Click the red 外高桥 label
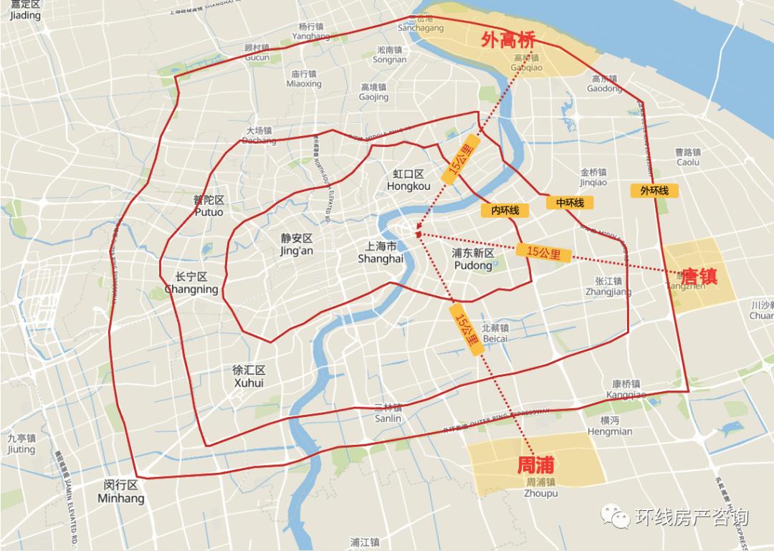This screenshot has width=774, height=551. (x=509, y=40)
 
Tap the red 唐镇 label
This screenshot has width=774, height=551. (x=699, y=277)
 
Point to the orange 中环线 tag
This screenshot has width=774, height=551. (x=570, y=203)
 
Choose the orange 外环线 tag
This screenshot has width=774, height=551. (x=654, y=191)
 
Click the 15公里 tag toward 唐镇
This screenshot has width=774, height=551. (x=543, y=252)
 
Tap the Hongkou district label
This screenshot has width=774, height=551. (x=408, y=181)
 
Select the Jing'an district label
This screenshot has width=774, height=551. (x=297, y=244)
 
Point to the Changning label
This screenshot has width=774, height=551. (x=191, y=283)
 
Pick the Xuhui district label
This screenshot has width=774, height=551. (x=249, y=377)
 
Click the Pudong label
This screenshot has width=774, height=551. (x=473, y=259)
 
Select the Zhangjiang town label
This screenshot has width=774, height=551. (x=608, y=287)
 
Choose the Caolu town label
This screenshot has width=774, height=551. (x=687, y=157)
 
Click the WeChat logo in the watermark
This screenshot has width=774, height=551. (x=616, y=517)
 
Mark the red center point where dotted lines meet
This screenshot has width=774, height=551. (x=418, y=233)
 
